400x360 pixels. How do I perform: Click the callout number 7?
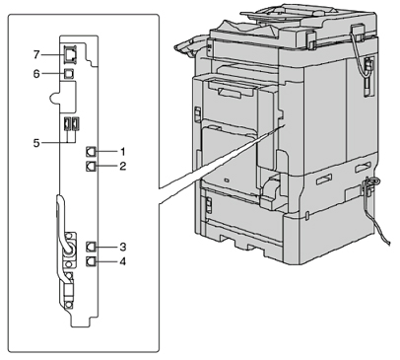36,54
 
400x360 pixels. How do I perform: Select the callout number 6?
36,74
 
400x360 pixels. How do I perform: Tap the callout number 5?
36,143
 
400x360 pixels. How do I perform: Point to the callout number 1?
122,152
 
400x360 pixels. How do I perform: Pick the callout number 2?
122,166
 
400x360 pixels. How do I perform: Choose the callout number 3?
122,247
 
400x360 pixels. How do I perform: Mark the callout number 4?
122,261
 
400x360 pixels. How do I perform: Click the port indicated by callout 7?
70,54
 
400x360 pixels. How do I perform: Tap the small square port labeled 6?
69,74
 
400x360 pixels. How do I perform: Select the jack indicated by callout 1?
91,152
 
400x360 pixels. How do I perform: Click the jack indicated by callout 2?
91,166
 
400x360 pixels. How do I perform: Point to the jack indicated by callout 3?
91,247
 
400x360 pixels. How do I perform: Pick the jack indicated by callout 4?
91,261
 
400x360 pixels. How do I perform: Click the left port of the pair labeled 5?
67,123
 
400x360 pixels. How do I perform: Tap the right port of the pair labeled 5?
76,123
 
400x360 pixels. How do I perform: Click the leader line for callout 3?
106,247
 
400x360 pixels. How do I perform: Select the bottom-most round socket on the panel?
68,305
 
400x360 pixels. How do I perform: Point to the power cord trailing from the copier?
376,210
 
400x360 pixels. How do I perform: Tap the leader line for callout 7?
52,54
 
